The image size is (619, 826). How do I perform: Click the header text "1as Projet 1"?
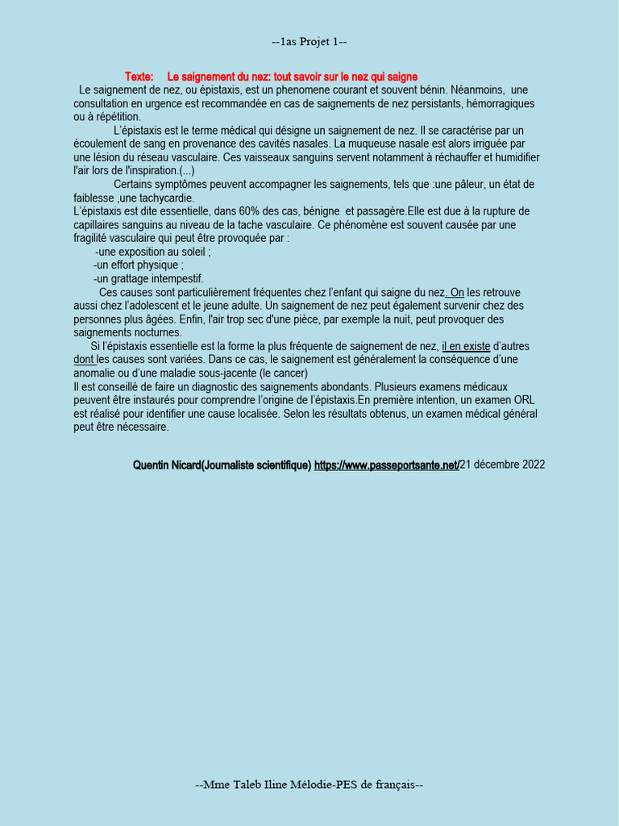coord(309,42)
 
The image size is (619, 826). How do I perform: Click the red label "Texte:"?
coord(139,77)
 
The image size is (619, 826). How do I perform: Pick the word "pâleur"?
coord(467,185)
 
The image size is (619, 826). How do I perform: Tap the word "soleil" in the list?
coord(193,252)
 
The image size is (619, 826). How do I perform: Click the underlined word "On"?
coord(456,292)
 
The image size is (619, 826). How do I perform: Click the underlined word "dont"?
coord(84,360)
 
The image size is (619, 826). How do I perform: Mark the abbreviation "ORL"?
coord(523,400)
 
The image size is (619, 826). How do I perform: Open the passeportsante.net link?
coord(386,465)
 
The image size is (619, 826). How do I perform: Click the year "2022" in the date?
coord(531,465)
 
